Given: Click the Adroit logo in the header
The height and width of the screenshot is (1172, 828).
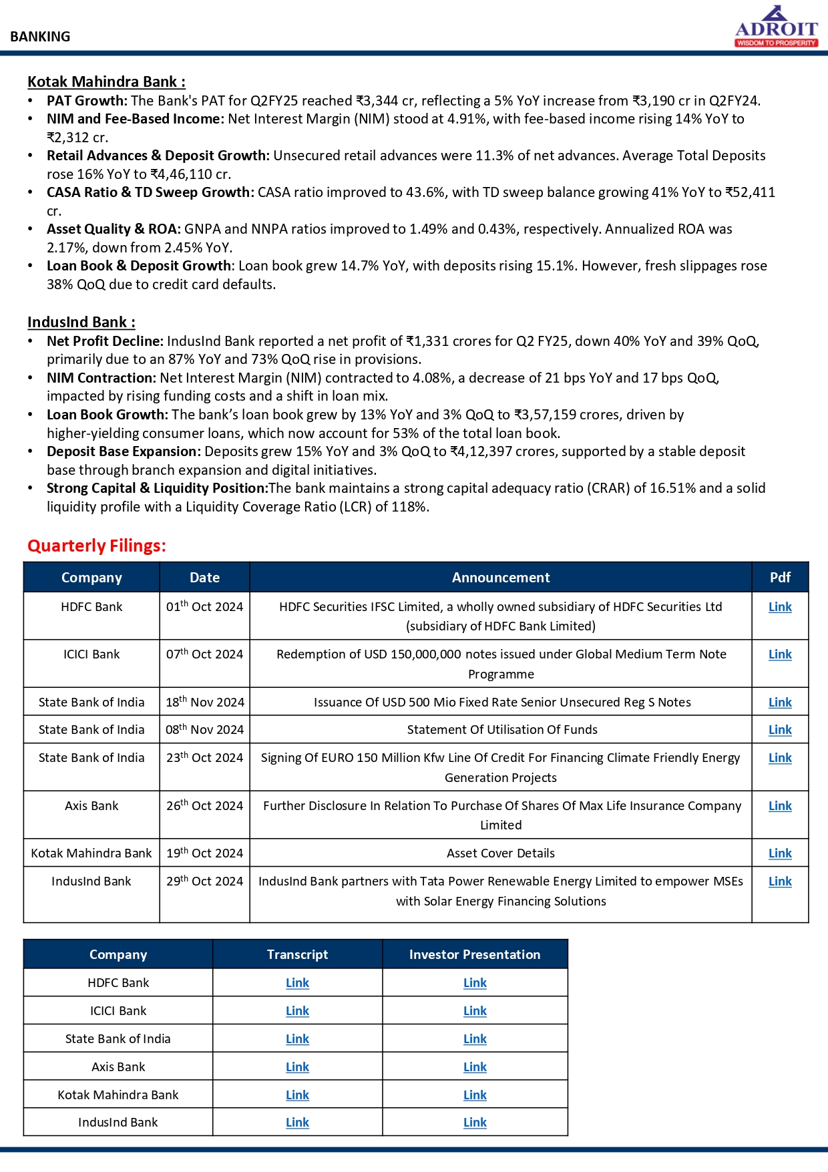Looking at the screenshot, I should (776, 27).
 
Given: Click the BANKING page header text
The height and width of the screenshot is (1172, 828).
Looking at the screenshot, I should (40, 37).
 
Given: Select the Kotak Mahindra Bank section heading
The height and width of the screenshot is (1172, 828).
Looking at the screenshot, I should (106, 82).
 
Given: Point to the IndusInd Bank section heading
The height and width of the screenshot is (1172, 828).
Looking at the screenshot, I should (81, 323).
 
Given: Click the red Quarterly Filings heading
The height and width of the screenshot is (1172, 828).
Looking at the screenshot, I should (97, 546).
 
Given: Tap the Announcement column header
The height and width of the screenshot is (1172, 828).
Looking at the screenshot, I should (500, 578).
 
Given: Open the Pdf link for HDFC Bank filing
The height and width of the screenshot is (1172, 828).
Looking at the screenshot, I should (779, 607).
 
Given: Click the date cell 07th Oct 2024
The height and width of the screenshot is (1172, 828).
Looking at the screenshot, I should (204, 654).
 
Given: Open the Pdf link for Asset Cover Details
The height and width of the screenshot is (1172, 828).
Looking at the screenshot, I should (779, 853).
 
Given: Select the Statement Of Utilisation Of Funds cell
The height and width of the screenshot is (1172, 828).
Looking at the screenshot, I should (501, 730).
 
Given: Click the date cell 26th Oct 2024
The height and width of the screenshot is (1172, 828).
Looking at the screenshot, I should (204, 806).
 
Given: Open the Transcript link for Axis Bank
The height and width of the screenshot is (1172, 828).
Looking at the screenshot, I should (297, 1067).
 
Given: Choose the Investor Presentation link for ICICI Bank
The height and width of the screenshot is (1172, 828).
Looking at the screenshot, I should (475, 1011).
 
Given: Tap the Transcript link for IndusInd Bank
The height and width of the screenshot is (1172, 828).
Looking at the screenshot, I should (297, 1123).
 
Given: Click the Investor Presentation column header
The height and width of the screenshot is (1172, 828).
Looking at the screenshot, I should (475, 955).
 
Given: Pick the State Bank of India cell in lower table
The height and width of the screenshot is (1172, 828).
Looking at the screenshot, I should (118, 1039).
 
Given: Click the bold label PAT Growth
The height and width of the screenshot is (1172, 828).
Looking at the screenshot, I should (87, 101).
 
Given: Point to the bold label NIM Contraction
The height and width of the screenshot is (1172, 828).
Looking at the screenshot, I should (101, 378).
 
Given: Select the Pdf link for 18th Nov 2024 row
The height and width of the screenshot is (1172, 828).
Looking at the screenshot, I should (779, 703).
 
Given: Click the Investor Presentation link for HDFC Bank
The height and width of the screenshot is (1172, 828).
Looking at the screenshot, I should (475, 983).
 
